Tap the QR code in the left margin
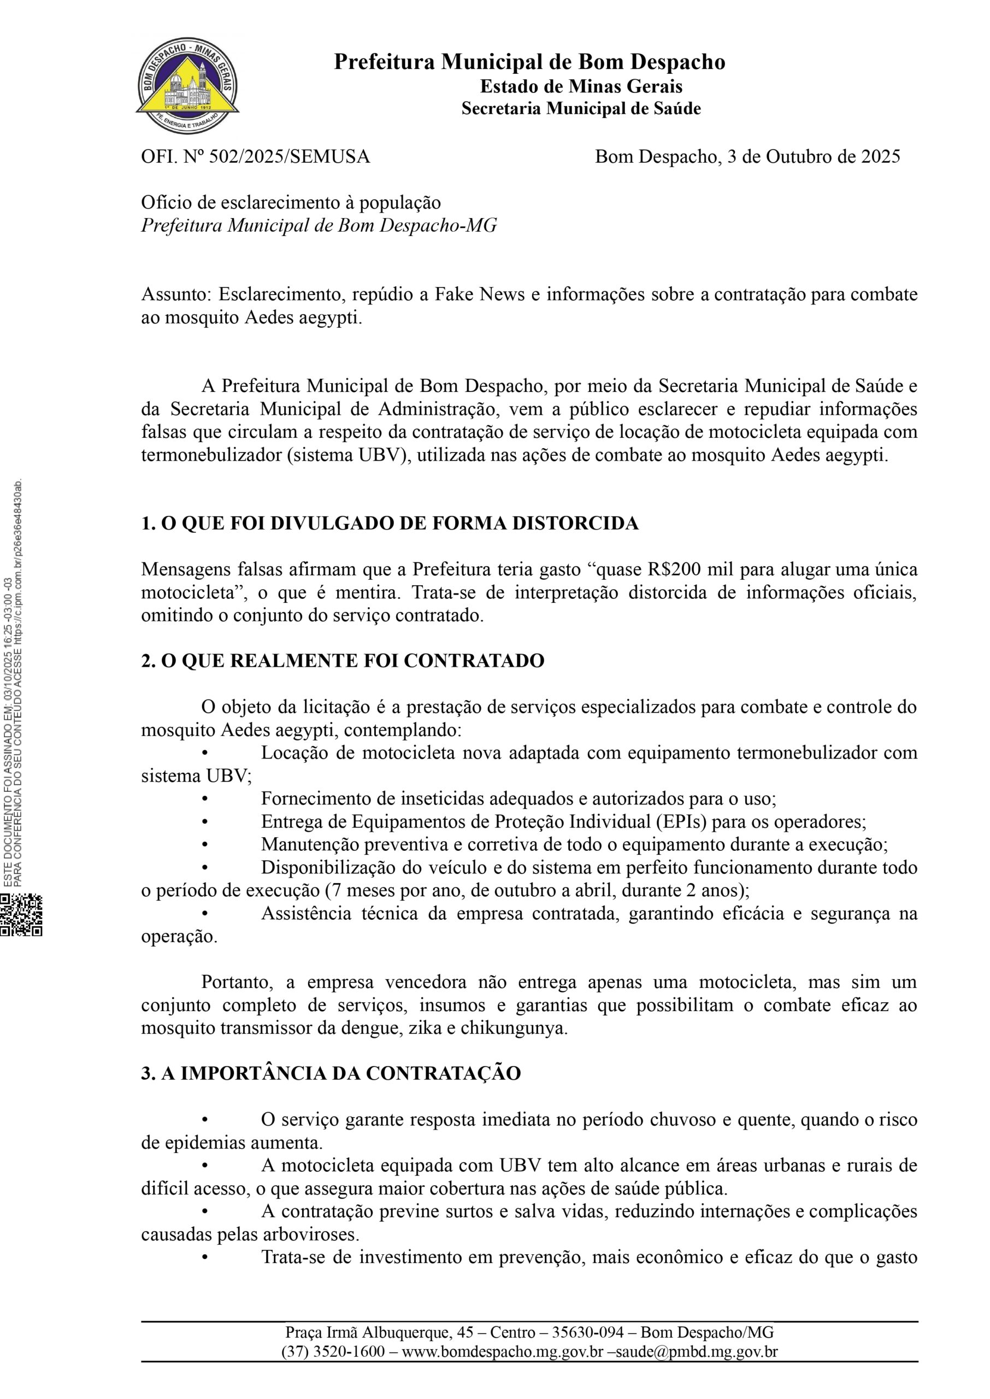coord(21,914)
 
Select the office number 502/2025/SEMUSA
coord(289,157)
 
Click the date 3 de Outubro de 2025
coord(814,157)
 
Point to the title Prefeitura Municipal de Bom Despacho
coord(529,62)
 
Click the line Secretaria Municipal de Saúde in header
coord(580,109)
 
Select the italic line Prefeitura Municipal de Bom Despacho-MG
coord(319,226)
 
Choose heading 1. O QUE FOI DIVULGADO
coord(390,523)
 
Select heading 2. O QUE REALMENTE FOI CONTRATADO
coord(343,661)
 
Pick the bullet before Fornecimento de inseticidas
coord(205,798)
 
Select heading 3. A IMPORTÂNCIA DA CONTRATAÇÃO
coord(331,1073)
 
